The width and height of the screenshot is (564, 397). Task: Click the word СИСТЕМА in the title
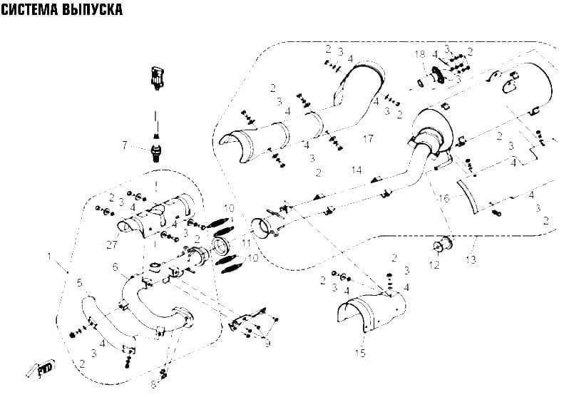(29, 10)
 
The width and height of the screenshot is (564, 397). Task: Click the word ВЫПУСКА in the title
(92, 10)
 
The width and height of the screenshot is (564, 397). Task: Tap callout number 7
(125, 145)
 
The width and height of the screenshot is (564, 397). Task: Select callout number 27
(112, 244)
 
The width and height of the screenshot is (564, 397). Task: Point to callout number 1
(49, 257)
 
